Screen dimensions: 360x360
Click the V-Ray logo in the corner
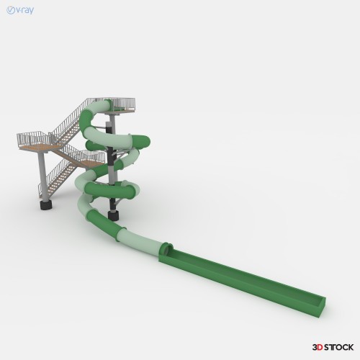pos(20,10)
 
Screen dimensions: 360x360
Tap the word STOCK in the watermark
pos(339,347)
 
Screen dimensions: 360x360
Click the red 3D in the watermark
pos(318,347)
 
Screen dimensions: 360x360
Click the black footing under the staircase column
pos(46,205)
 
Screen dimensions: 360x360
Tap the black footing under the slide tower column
pos(113,215)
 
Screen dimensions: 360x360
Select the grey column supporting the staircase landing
pos(43,176)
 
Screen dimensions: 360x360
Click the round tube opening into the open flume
pos(167,249)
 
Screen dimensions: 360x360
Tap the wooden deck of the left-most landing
pos(38,147)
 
